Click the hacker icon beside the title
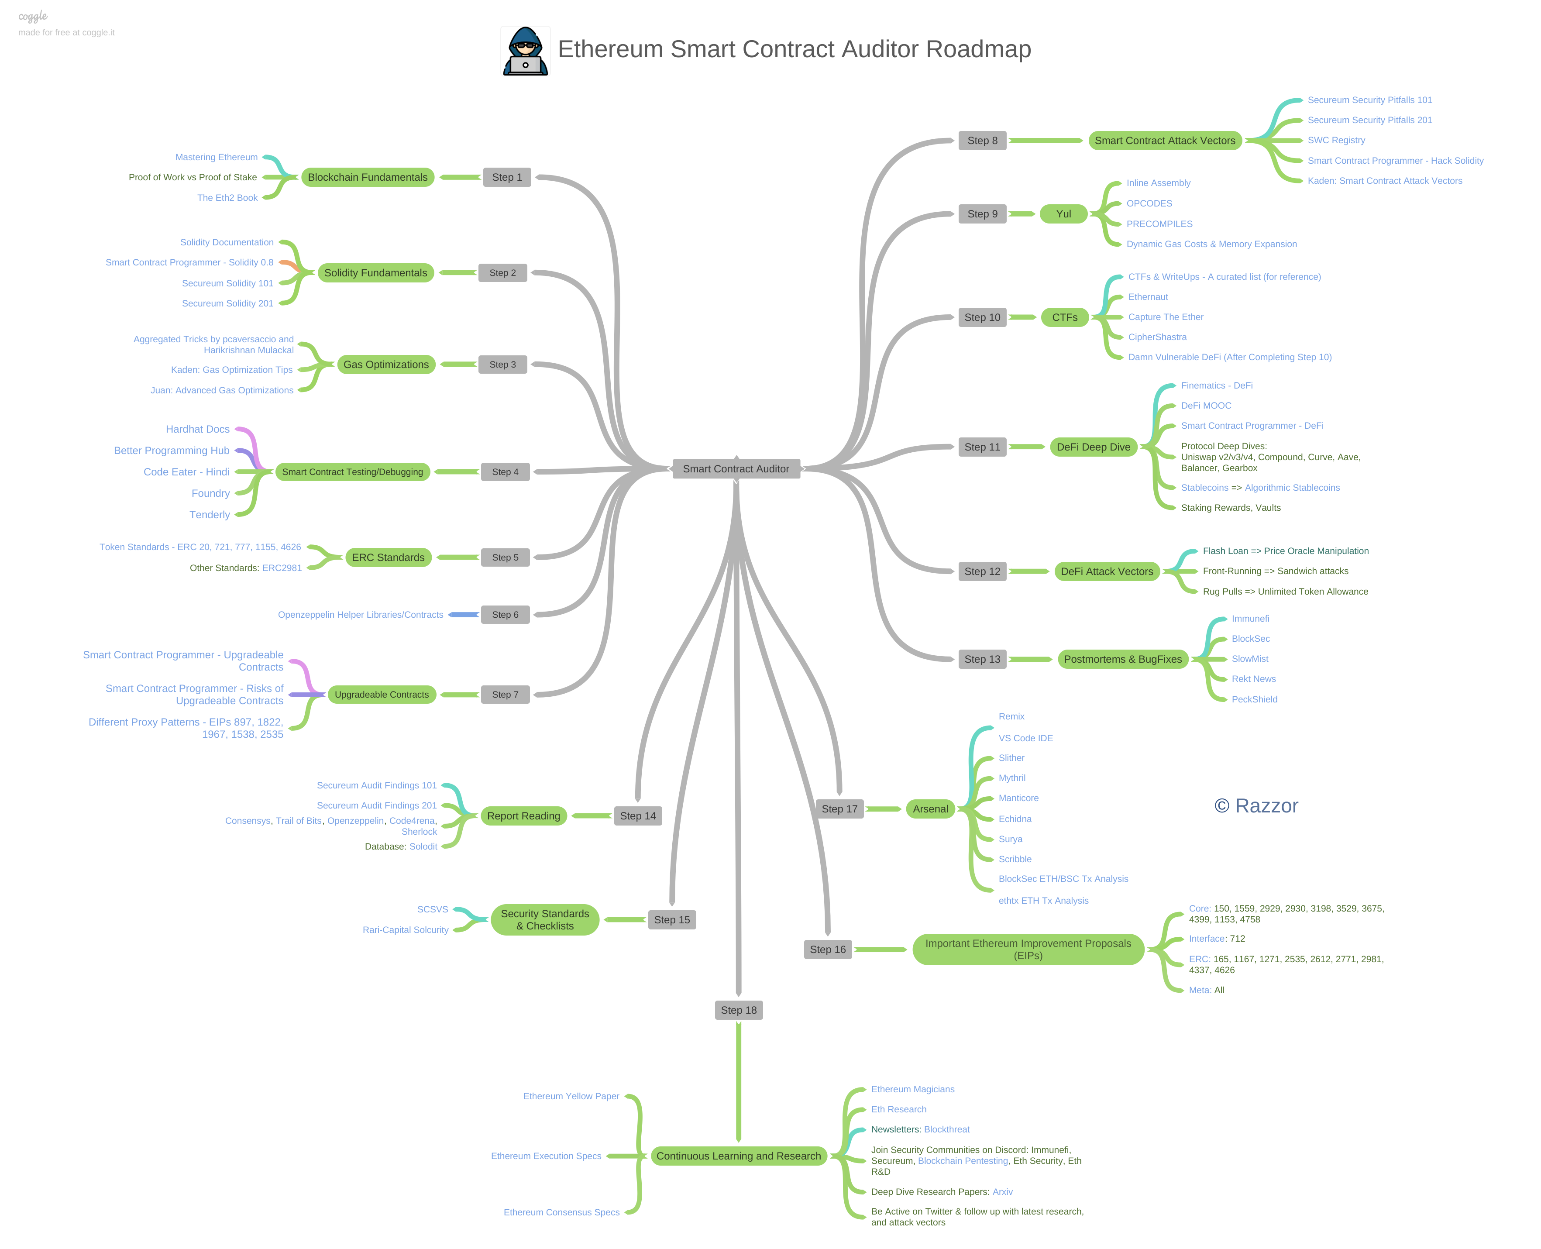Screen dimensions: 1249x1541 coord(525,51)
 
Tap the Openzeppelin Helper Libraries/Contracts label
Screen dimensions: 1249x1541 coord(361,614)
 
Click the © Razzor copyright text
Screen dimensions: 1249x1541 coord(1256,806)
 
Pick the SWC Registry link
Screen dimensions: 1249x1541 coord(1335,140)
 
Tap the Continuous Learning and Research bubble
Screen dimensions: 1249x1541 coord(738,1156)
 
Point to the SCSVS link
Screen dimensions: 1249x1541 coord(432,909)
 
